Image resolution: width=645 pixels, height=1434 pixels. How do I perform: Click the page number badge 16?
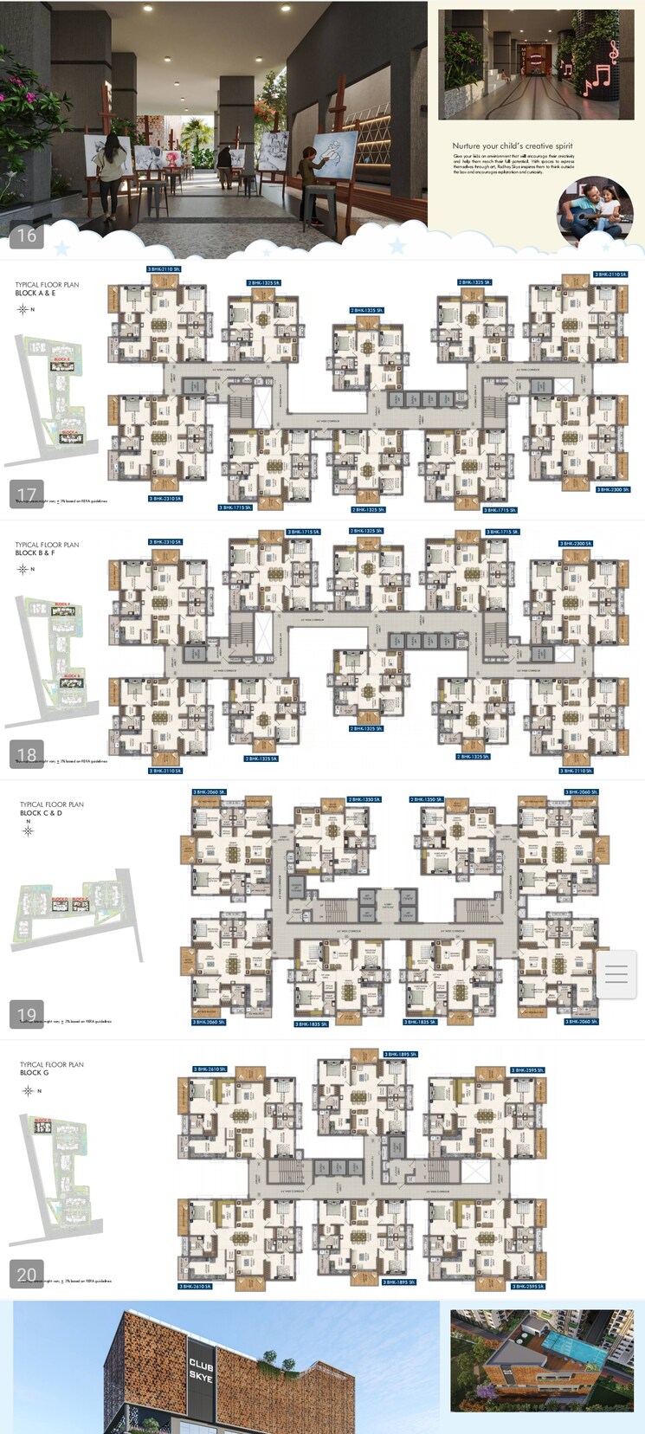[x=27, y=235]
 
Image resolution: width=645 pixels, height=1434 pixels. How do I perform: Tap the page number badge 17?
[x=27, y=494]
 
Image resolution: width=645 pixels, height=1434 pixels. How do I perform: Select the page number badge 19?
[x=27, y=1014]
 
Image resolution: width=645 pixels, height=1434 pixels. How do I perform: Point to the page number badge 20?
[x=27, y=1274]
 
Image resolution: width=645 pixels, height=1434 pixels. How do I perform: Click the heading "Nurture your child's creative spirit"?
[x=512, y=146]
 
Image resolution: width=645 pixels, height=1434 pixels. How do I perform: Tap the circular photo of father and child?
[x=595, y=213]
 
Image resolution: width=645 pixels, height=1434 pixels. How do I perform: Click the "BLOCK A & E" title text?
[x=35, y=294]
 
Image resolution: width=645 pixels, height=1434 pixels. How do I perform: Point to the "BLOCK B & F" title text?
[x=35, y=552]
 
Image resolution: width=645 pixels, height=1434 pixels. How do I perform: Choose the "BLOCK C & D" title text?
[x=42, y=813]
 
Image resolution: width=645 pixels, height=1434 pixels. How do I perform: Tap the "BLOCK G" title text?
[x=35, y=1073]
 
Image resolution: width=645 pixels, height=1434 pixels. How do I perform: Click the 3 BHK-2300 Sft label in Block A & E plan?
[x=613, y=490]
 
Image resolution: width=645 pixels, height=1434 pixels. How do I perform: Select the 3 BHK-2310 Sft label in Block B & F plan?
[x=164, y=542]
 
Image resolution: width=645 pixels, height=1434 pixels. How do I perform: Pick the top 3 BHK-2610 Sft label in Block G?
[x=210, y=1069]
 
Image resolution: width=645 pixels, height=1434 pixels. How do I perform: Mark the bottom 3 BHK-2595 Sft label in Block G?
[x=528, y=1287]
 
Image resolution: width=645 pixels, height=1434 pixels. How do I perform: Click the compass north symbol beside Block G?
[x=28, y=1091]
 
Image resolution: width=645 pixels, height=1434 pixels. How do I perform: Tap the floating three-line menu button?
[x=616, y=974]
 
